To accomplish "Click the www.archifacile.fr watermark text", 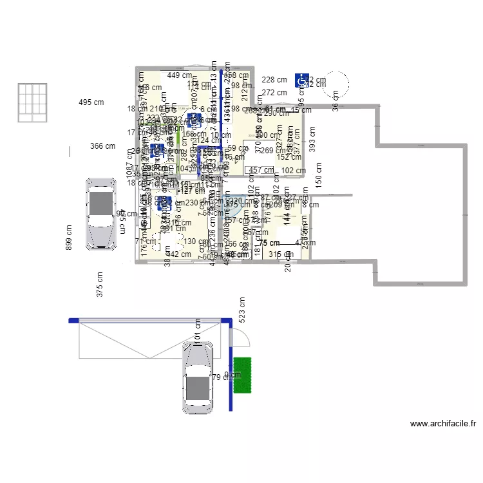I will (x=443, y=424).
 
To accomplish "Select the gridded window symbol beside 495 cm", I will (x=33, y=102).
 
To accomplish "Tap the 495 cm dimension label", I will (x=91, y=102).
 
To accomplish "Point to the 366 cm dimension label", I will (x=103, y=146).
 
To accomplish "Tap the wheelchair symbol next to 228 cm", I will (x=301, y=80).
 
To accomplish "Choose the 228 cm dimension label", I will (x=274, y=80).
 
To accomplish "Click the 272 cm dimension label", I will (x=274, y=93).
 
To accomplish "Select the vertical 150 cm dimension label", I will (x=319, y=175).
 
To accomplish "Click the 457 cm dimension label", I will (x=261, y=171).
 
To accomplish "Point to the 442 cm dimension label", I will (x=178, y=254).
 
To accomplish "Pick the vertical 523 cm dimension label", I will (x=242, y=310).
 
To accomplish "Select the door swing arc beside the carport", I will (x=238, y=336).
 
